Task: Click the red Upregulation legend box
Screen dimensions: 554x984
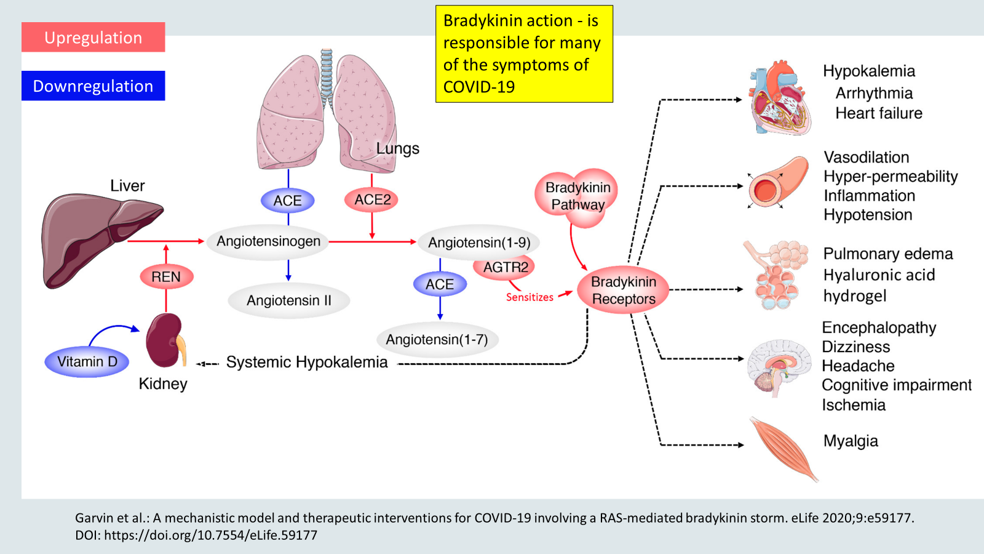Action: tap(93, 38)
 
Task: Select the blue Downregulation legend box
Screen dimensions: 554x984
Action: tap(93, 86)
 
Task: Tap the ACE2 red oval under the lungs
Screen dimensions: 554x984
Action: tap(372, 200)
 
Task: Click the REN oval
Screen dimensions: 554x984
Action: tap(166, 277)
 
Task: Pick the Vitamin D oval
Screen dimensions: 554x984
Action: tap(87, 361)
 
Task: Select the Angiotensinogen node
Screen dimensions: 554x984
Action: tap(268, 241)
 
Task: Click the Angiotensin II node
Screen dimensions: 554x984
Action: tap(288, 300)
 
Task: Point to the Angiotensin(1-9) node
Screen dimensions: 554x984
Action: tap(478, 243)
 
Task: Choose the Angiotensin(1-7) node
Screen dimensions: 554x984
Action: tap(437, 339)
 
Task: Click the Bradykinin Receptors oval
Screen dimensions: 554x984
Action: tap(623, 290)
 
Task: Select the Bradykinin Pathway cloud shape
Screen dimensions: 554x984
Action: tap(577, 196)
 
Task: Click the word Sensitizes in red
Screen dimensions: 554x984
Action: tap(530, 297)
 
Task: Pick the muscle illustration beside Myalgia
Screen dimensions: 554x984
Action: tap(783, 448)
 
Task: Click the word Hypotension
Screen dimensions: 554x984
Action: tap(868, 215)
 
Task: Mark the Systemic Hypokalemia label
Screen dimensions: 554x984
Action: tap(307, 362)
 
